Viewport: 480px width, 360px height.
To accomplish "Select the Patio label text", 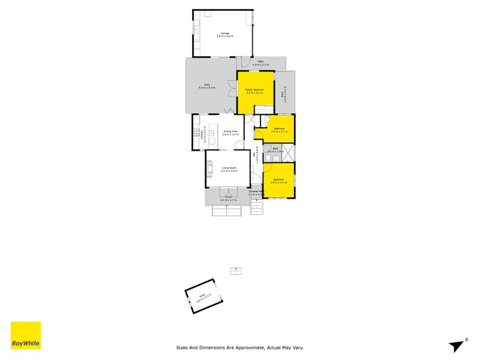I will (261, 61).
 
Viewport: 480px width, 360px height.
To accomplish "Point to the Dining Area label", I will (231, 131).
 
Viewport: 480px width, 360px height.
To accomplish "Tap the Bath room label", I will (275, 148).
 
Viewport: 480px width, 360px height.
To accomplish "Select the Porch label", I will (228, 197).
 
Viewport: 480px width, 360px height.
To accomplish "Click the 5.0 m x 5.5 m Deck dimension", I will (206, 88).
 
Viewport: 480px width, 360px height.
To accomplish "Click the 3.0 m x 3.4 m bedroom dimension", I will (279, 182).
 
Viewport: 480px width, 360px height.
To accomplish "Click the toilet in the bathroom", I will (268, 157).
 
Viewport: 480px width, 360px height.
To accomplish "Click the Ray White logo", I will (26, 335).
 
